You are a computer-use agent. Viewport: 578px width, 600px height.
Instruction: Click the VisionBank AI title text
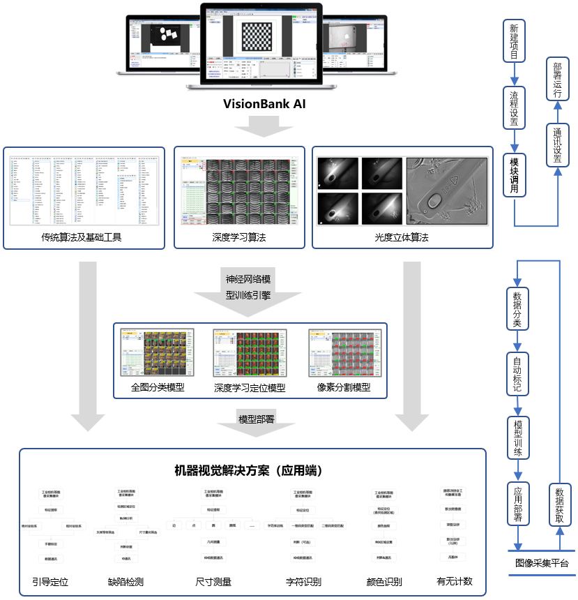[x=264, y=105]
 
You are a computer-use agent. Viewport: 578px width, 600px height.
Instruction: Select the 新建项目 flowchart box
[x=515, y=40]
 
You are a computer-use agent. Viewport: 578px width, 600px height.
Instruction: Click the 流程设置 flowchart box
[x=515, y=108]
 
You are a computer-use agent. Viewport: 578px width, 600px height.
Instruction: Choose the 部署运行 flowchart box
[x=557, y=80]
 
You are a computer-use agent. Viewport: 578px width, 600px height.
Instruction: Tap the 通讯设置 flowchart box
[x=557, y=145]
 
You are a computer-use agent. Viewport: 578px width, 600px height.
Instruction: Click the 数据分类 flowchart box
[x=517, y=308]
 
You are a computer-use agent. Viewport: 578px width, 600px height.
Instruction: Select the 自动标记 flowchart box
[x=517, y=373]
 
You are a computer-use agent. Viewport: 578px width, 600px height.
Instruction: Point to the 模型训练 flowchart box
[x=517, y=437]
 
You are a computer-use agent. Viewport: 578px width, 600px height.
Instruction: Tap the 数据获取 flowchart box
[x=561, y=504]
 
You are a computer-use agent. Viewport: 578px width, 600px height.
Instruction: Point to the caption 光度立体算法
[x=402, y=237]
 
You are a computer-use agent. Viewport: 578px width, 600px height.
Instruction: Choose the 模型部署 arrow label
[x=257, y=419]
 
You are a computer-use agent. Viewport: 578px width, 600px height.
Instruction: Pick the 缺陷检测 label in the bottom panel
[x=126, y=581]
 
